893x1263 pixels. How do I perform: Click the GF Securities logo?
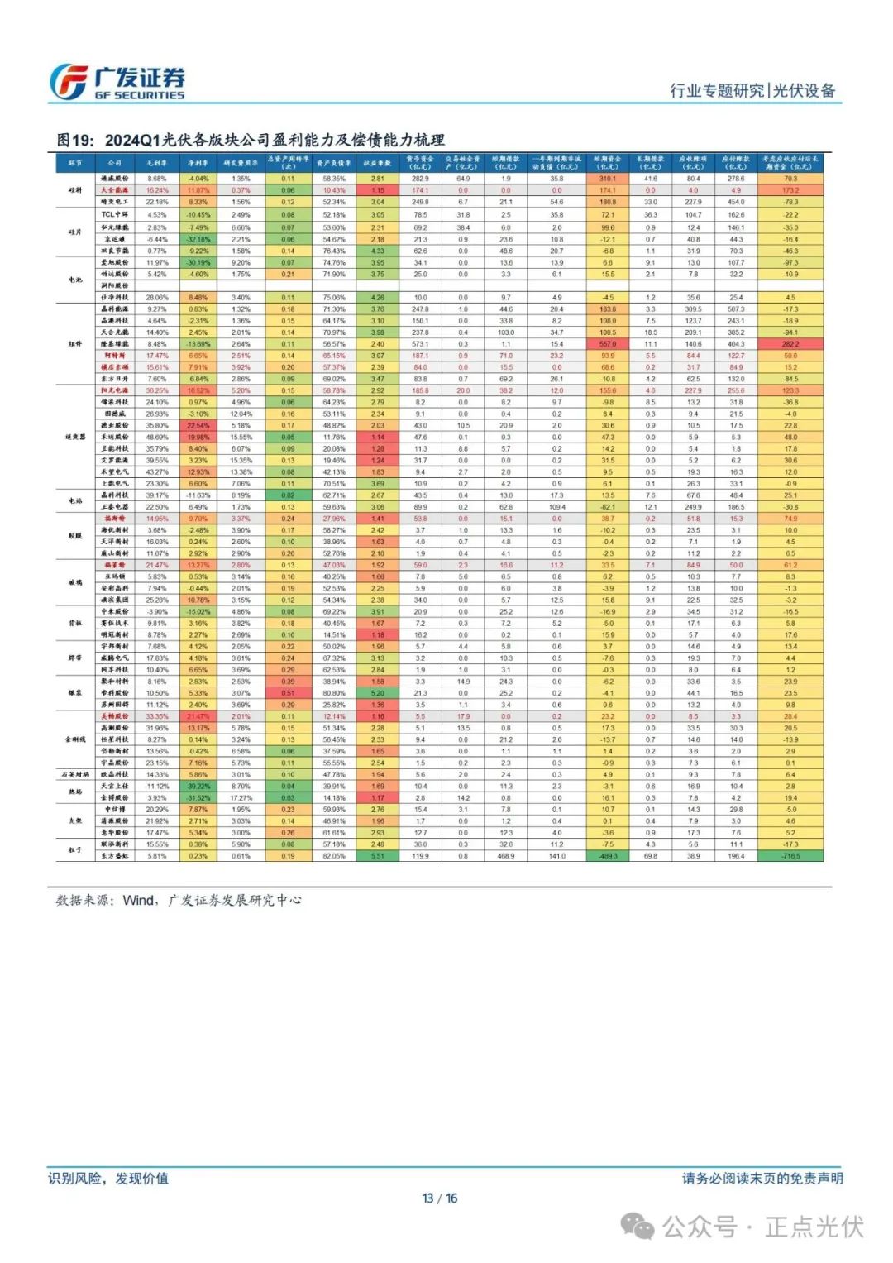116,83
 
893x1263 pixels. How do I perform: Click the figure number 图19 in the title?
75,140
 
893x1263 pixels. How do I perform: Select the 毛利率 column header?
157,163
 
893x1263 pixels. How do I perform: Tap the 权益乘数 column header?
377,163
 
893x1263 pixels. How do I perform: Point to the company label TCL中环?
115,215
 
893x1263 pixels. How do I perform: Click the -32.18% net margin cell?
198,239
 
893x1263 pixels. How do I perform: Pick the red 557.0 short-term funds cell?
608,344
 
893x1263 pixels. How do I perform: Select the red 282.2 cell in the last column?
790,344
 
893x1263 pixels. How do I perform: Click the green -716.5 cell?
790,856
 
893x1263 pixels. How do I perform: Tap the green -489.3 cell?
608,856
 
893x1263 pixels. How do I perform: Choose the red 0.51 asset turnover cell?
288,693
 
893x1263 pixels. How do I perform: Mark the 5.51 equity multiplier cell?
377,856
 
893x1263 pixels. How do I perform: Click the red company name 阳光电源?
115,390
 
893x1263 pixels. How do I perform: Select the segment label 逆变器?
75,437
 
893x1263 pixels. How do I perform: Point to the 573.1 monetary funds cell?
420,344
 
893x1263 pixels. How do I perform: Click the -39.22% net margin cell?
198,787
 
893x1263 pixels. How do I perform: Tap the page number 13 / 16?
439,1198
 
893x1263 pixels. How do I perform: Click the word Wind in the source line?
138,900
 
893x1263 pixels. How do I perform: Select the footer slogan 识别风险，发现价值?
108,1178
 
